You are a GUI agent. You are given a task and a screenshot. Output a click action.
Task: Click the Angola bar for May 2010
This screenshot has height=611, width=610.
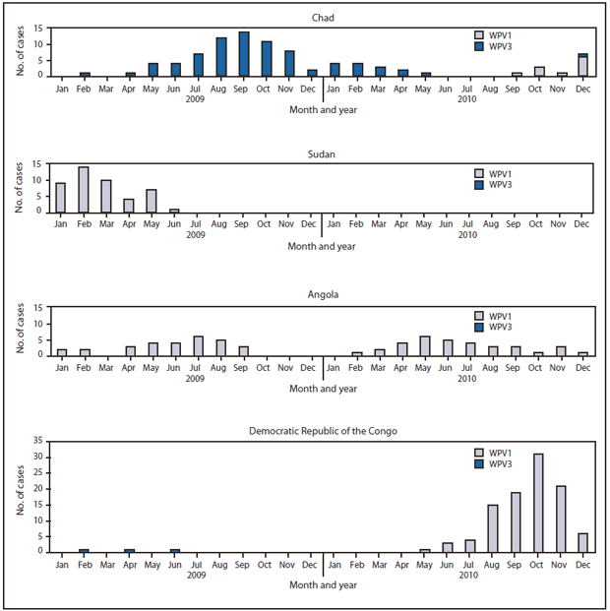pyautogui.click(x=424, y=345)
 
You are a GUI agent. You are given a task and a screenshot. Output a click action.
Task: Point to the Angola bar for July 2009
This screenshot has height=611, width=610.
pyautogui.click(x=199, y=345)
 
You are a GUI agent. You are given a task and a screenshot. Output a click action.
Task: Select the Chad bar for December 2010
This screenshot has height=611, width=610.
pyautogui.click(x=582, y=65)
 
